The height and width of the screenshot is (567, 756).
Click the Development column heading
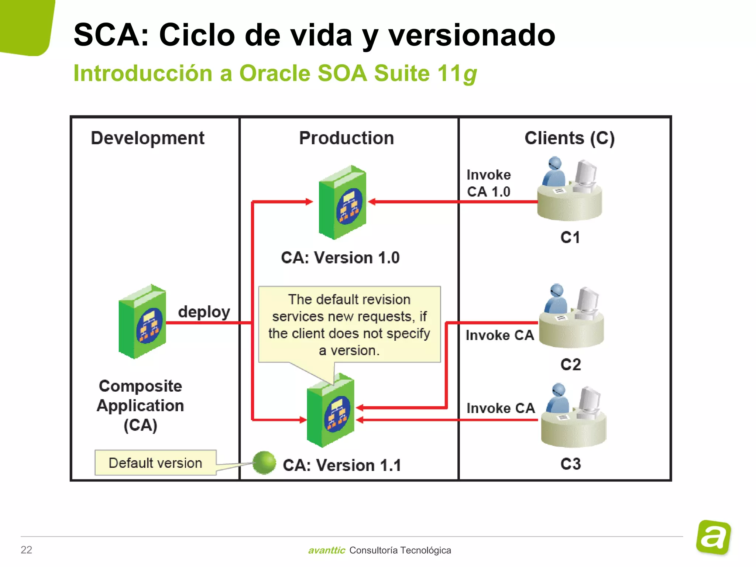coord(147,138)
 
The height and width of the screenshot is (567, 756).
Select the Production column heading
coord(346,138)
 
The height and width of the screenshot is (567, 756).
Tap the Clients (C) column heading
coord(569,138)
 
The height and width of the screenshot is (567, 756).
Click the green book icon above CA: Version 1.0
coord(343,203)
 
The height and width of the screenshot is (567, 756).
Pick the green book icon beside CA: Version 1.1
coord(331,410)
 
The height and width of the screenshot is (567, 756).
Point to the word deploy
coord(204,312)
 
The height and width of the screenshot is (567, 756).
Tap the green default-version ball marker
coord(264,463)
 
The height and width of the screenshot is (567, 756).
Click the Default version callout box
coord(155,463)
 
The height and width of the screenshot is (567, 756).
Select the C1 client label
coord(570,237)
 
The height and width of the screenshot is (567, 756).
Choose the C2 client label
coord(570,365)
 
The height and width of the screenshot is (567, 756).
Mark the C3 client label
coord(570,464)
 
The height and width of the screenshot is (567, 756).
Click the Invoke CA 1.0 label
coord(488,183)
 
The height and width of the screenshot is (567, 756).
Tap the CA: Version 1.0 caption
coord(340,258)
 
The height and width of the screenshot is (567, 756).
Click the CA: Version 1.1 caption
coord(341,465)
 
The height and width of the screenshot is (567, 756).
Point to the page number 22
coord(27,550)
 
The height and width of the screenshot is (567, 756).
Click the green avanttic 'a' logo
coord(713,537)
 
